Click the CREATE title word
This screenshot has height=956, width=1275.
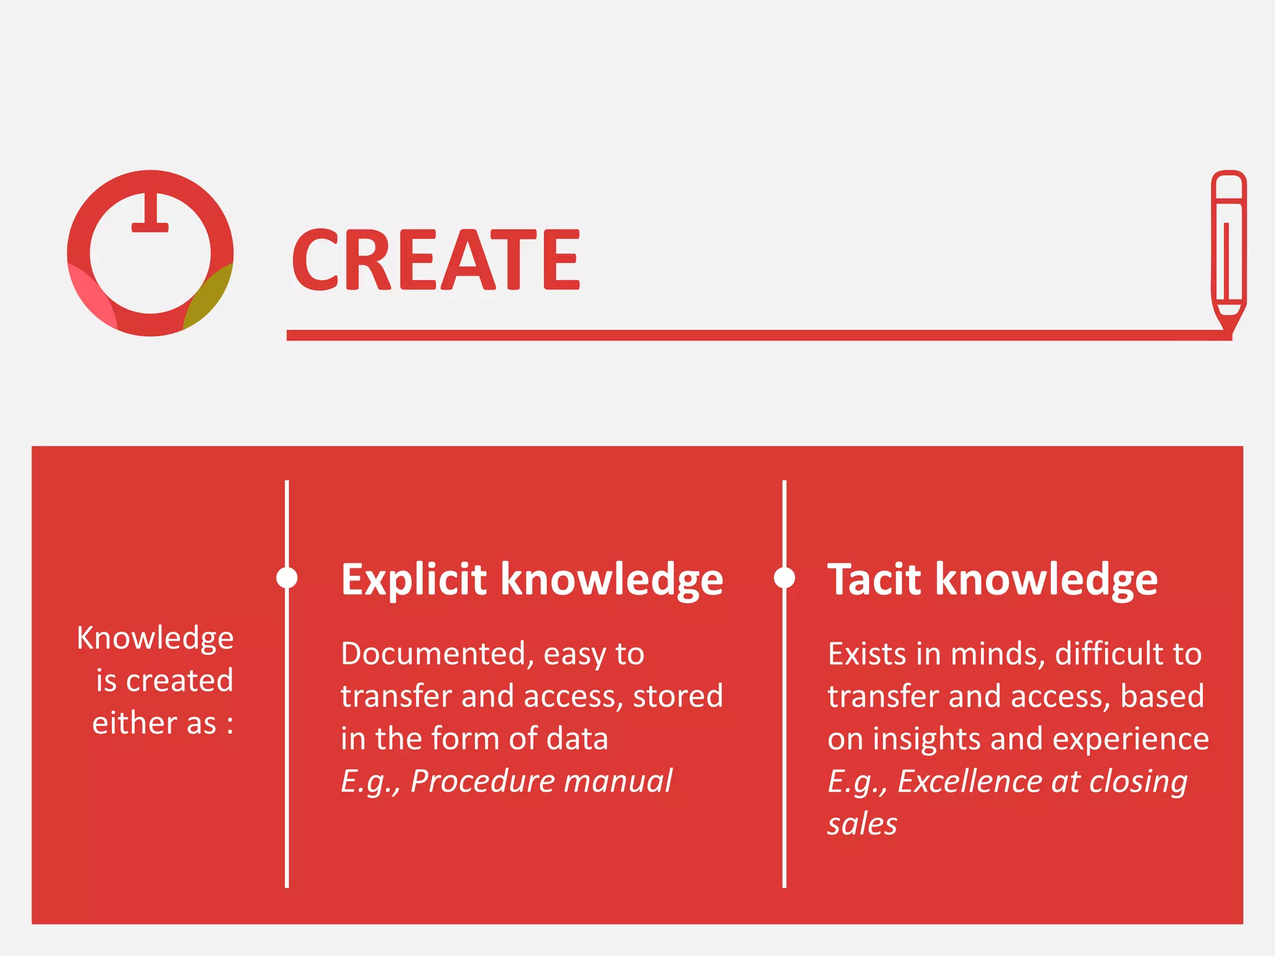pos(436,260)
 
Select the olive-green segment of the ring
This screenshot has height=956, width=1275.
pos(209,296)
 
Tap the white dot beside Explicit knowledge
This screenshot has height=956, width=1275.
pos(286,578)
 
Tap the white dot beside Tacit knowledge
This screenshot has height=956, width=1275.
pos(784,578)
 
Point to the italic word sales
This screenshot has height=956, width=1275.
pos(862,824)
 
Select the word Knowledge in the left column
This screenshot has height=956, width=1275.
pos(155,639)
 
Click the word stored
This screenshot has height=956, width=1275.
pos(678,696)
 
